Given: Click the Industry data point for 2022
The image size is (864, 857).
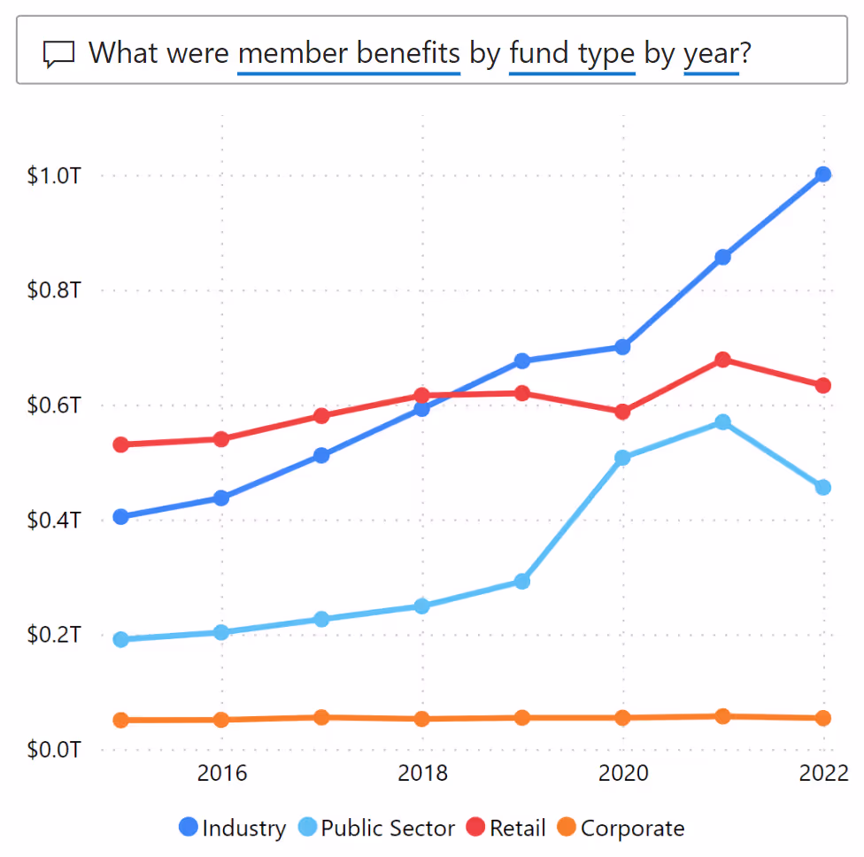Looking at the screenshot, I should coord(823,174).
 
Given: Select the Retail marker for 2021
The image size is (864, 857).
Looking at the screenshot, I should coord(722,359).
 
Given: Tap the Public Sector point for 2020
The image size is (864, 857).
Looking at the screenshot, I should coord(622,458).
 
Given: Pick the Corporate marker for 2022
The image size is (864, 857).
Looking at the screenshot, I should coord(823,718).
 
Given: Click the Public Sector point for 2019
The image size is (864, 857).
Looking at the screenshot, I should coord(522,582).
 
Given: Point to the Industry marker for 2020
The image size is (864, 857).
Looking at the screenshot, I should coord(622,347).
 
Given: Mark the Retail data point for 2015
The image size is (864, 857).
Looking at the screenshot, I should coord(121,444).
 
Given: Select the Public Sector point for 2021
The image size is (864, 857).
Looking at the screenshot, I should coord(722,422).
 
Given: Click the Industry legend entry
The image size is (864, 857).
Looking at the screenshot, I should coord(232,829).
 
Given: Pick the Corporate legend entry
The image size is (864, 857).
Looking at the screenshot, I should coord(621,829).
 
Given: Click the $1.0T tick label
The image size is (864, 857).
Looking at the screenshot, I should coord(55,175).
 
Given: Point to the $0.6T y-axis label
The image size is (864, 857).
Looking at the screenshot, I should coord(55,405).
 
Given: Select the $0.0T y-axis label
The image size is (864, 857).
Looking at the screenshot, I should coord(55,750).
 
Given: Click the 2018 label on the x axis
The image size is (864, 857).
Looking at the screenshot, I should coord(423,773).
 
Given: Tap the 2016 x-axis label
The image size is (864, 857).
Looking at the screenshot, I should coord(222,773).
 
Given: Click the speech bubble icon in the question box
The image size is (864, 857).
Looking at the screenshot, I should coord(59,54).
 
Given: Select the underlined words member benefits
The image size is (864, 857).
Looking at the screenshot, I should coord(349,53).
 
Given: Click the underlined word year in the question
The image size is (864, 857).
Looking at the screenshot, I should coord(711,53).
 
